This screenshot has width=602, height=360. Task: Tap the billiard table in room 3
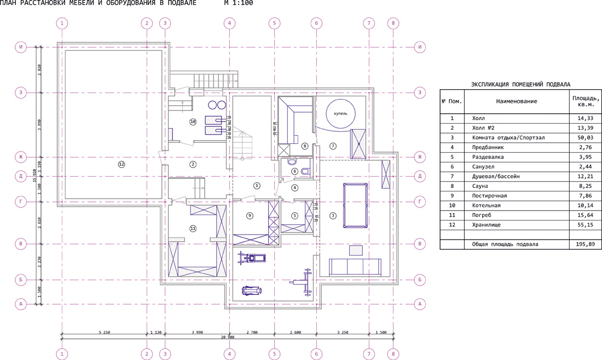click(x=355, y=205)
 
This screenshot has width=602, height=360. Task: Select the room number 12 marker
click(x=121, y=164)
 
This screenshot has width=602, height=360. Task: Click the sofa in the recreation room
click(x=355, y=267)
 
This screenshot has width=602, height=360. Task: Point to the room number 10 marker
click(x=193, y=121)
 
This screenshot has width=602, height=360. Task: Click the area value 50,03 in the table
click(x=585, y=137)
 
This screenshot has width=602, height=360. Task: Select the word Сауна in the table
click(x=480, y=186)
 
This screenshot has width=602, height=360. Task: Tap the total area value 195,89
click(x=585, y=244)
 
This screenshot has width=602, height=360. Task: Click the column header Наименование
click(x=517, y=101)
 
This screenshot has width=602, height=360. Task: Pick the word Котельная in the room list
click(x=486, y=205)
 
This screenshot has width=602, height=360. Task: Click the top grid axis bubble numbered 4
click(x=229, y=24)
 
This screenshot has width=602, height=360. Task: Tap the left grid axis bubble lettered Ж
click(x=21, y=157)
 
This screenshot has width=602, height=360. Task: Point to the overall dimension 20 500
click(x=228, y=338)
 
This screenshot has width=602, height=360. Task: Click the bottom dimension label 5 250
click(x=104, y=332)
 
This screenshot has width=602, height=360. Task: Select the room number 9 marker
click(x=250, y=216)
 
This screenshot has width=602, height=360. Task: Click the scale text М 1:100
click(x=239, y=3)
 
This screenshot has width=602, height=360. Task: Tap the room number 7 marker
click(x=333, y=146)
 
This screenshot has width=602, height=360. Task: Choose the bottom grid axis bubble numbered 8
click(x=393, y=354)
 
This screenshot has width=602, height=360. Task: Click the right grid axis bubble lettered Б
click(x=420, y=280)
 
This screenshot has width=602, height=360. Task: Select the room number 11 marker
click(x=193, y=228)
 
